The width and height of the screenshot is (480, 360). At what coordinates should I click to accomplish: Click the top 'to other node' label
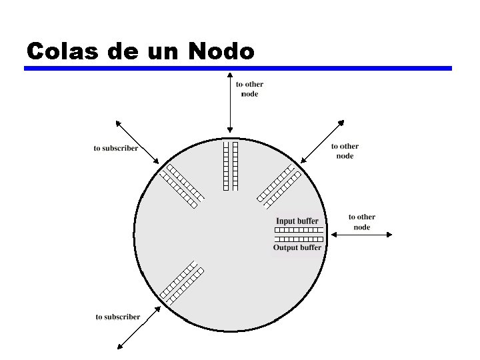click(x=249, y=89)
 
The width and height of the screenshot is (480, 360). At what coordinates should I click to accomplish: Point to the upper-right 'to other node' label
click(x=345, y=151)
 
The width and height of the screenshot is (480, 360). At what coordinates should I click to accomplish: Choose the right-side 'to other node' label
click(x=362, y=222)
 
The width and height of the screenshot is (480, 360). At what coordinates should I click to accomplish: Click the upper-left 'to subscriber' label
click(x=116, y=148)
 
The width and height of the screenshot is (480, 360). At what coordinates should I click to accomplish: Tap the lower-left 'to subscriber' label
click(x=118, y=317)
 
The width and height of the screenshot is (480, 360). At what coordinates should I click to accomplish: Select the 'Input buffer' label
click(x=297, y=221)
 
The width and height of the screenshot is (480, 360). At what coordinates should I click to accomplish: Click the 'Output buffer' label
click(x=297, y=247)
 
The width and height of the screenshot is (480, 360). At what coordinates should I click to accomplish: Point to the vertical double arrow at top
click(x=229, y=103)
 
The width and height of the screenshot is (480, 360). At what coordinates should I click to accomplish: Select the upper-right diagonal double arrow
click(x=322, y=141)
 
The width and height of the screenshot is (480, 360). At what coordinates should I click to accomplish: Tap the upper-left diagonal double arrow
click(x=137, y=142)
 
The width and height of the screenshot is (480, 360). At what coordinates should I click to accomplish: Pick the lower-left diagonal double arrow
click(x=139, y=327)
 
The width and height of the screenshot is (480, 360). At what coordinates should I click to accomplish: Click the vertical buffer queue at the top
click(x=230, y=165)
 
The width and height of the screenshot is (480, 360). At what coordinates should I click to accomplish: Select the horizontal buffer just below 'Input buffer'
click(x=299, y=230)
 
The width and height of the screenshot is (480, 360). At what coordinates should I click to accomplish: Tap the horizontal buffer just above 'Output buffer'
click(x=299, y=239)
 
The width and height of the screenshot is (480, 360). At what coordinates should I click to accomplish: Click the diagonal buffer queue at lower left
click(x=182, y=284)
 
